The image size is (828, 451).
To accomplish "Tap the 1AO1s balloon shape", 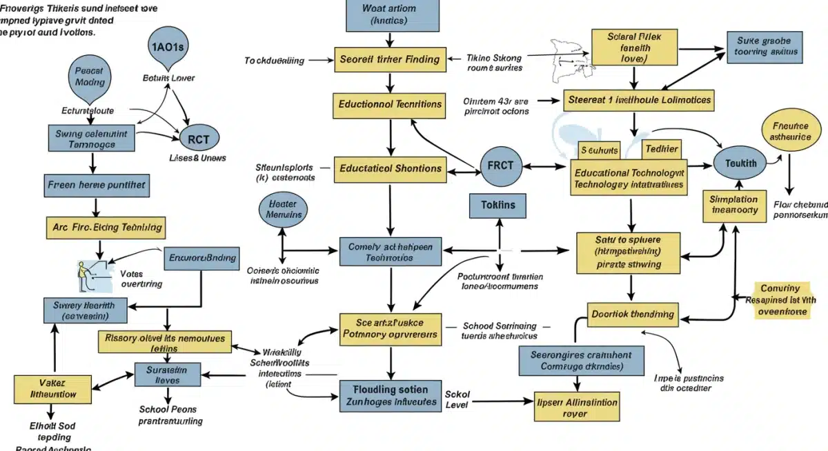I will click(168, 47).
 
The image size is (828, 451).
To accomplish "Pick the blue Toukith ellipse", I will click(740, 164).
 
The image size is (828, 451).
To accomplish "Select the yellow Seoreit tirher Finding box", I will click(389, 59).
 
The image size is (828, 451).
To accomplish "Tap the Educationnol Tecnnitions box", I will click(390, 105).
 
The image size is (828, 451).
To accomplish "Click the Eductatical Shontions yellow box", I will click(389, 168).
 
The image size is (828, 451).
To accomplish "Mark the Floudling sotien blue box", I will click(390, 396).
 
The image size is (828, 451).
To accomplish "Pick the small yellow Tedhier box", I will click(661, 149).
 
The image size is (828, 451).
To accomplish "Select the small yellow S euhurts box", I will click(599, 150).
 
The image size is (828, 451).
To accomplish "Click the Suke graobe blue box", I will click(763, 46).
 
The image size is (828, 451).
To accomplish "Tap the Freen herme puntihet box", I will click(97, 186).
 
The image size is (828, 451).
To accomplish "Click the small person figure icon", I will click(85, 276).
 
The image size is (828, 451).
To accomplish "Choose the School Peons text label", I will click(170, 414).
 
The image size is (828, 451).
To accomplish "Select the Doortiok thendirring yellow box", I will click(632, 314).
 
